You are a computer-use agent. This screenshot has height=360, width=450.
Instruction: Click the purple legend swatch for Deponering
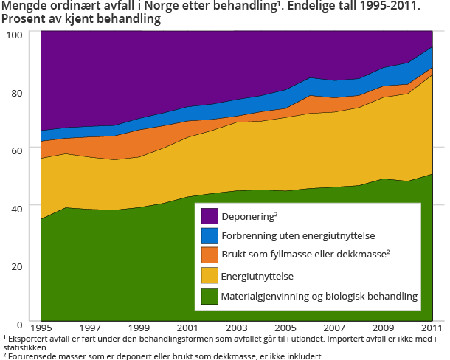tap(210, 215)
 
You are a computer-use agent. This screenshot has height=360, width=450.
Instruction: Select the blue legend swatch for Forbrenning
tap(210, 235)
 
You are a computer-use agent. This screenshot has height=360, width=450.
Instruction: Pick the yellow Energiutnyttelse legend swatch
tap(210, 275)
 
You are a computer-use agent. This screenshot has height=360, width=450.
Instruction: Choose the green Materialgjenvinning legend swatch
tap(210, 295)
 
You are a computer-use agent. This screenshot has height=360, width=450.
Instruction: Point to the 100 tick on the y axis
tap(13, 34)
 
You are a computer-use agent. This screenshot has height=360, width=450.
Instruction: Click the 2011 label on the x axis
tap(432, 328)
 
